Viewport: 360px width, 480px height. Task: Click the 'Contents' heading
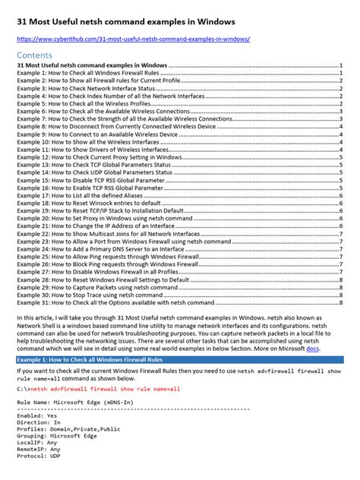coord(37,55)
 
